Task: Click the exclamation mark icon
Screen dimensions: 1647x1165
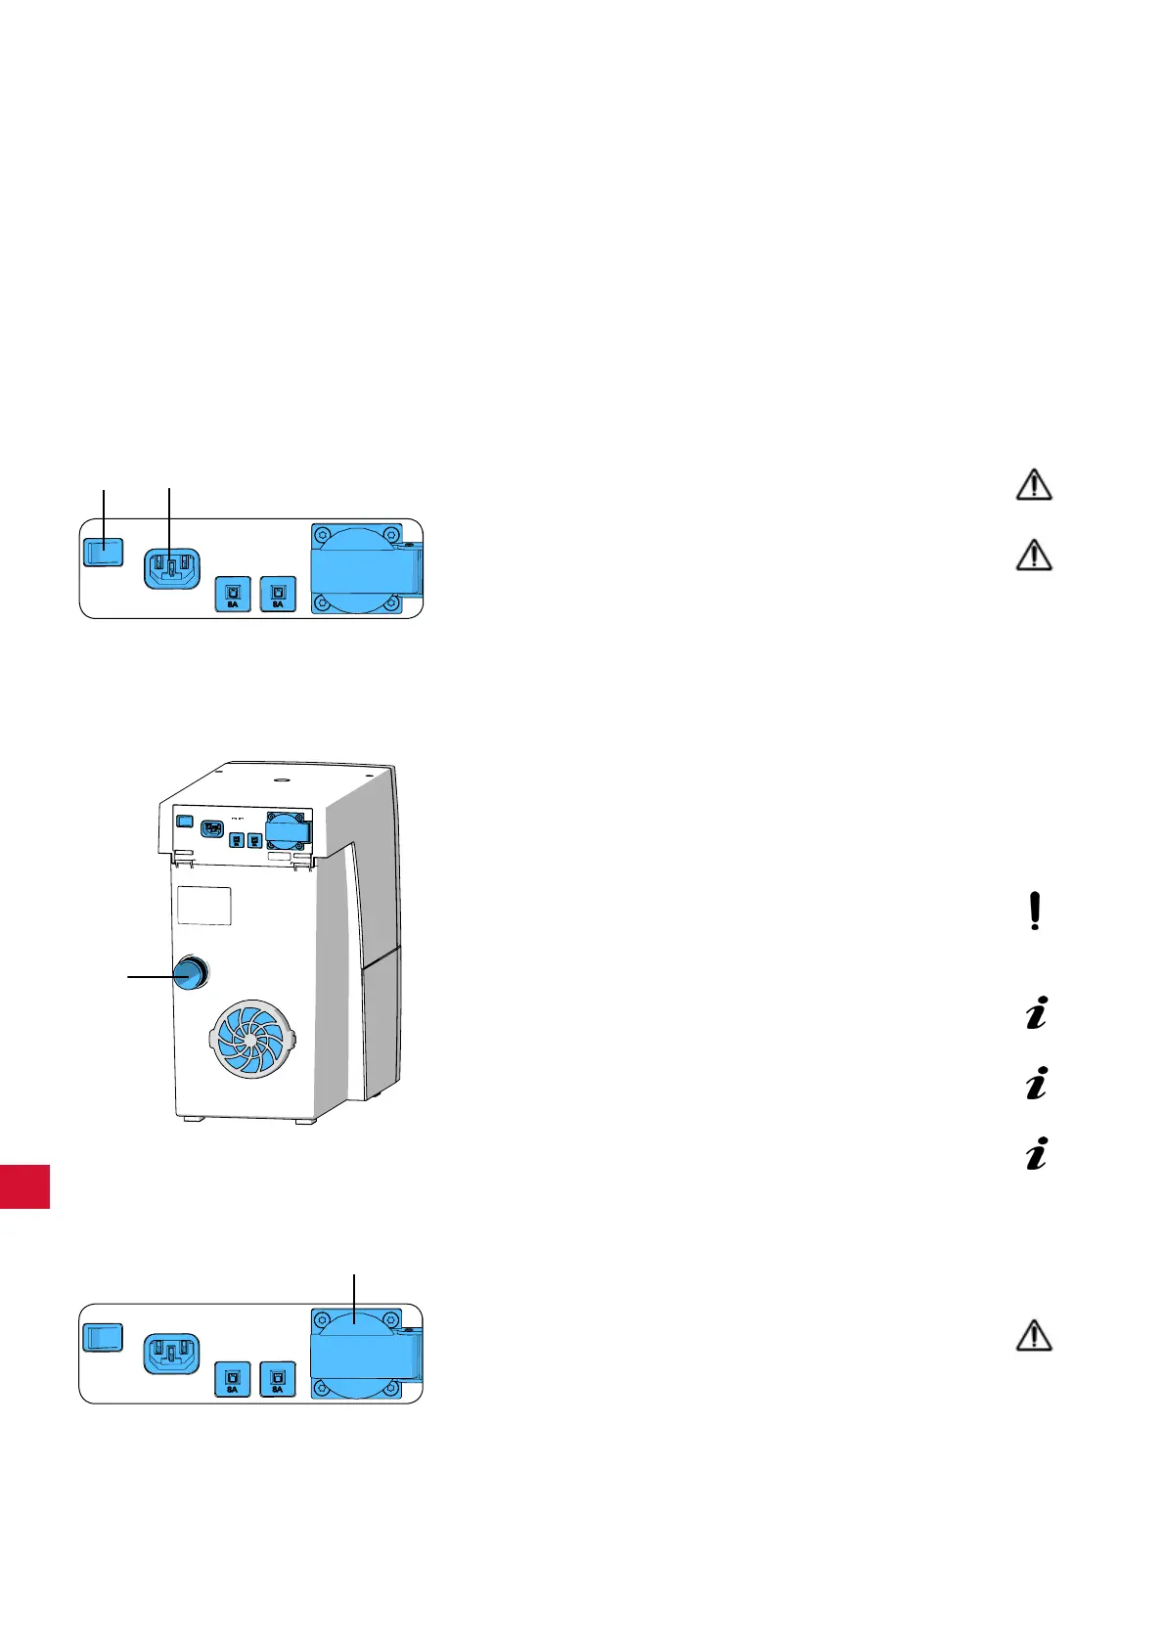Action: click(x=1035, y=912)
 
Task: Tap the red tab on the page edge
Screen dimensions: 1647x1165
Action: click(x=24, y=1186)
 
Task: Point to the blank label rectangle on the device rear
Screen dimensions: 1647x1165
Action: click(x=203, y=906)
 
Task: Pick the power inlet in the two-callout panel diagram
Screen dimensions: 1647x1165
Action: click(x=171, y=568)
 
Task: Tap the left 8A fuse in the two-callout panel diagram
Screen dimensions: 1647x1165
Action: click(x=233, y=593)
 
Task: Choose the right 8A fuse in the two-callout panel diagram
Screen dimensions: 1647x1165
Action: click(x=278, y=593)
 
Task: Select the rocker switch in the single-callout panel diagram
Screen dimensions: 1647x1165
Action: click(x=102, y=1338)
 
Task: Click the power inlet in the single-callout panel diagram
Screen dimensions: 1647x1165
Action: click(x=171, y=1353)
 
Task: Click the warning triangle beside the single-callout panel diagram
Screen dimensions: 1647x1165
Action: click(x=1035, y=1336)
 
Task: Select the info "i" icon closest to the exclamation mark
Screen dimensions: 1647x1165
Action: click(x=1036, y=1012)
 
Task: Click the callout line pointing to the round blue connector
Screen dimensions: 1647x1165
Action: click(x=152, y=975)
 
